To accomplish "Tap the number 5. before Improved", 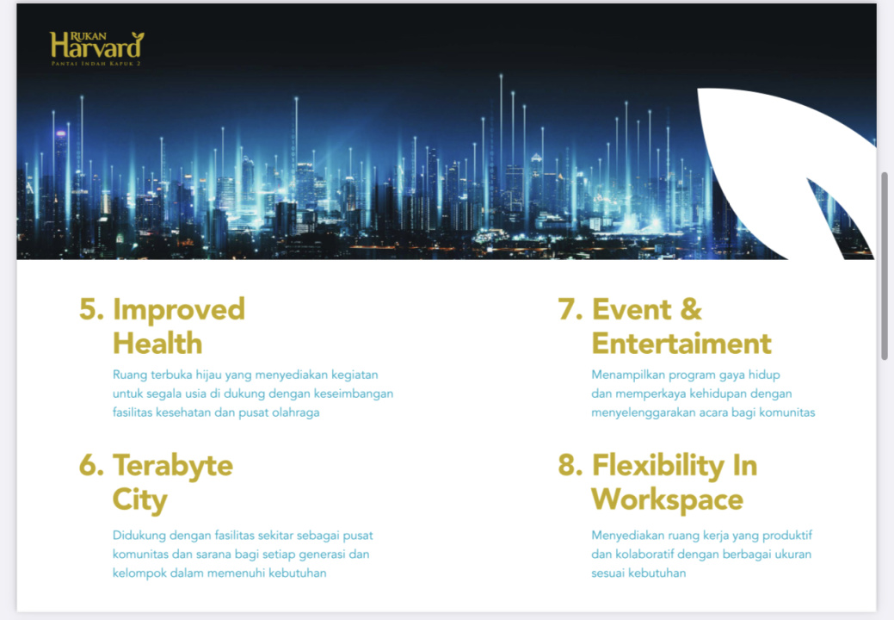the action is click(91, 309).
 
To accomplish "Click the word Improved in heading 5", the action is click(179, 311).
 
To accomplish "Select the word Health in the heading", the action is click(157, 344).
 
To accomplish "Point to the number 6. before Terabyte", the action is click(91, 465).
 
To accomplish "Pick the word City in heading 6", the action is click(139, 501).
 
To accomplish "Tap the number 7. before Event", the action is click(570, 309).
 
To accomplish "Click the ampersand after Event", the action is click(690, 309).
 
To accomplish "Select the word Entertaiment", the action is click(681, 344).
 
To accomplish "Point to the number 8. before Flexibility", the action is click(570, 465).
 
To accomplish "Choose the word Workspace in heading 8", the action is click(668, 501).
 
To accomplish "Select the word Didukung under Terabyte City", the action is click(139, 536).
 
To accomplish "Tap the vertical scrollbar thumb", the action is click(885, 266).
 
